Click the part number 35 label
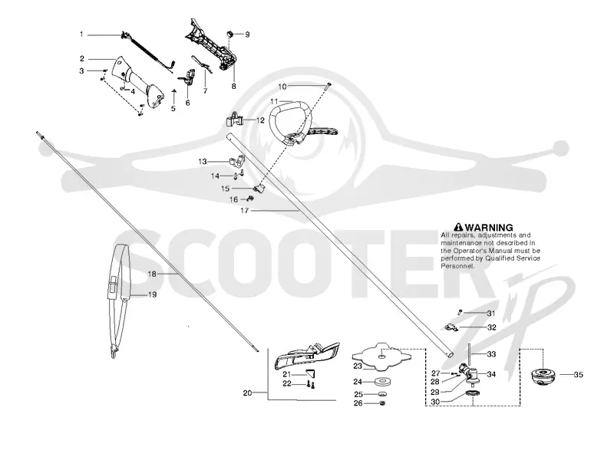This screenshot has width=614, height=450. [x=578, y=375]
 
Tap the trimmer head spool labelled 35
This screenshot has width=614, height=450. [x=543, y=377]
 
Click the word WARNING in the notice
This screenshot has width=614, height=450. [x=489, y=227]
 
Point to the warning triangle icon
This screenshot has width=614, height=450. [x=458, y=227]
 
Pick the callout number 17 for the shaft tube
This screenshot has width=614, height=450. [x=245, y=210]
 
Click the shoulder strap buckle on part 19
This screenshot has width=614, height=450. [x=112, y=284]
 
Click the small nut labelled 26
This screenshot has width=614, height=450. [x=382, y=403]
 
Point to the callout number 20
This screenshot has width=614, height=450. [x=247, y=393]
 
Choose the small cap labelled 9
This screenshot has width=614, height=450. [x=231, y=34]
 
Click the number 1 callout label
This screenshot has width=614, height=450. [x=81, y=34]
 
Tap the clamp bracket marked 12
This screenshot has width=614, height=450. [x=235, y=120]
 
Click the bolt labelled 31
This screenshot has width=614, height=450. [x=460, y=312]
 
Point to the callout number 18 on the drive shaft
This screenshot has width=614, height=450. [x=152, y=274]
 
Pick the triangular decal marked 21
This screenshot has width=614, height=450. [x=311, y=373]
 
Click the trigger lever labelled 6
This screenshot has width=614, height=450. [x=189, y=76]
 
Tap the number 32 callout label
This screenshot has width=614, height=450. [x=492, y=327]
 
